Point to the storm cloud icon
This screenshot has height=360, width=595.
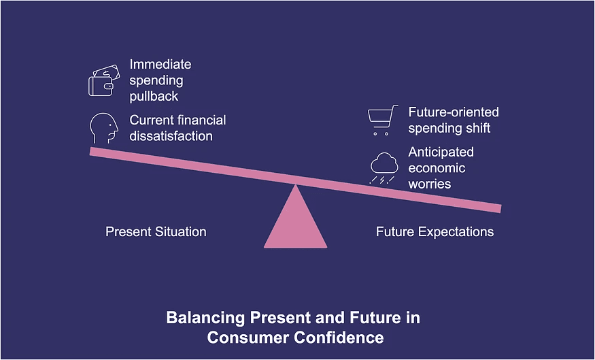click(x=384, y=168)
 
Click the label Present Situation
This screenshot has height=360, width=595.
click(x=156, y=232)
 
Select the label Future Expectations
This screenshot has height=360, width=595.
click(x=435, y=232)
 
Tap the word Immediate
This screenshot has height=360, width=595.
click(x=160, y=65)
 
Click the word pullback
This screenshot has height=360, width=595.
click(x=154, y=96)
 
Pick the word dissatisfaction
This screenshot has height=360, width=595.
click(x=171, y=136)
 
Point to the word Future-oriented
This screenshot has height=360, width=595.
click(x=454, y=112)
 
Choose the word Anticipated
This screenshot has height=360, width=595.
click(x=441, y=152)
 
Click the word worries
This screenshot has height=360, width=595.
click(x=429, y=184)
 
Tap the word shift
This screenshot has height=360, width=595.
click(x=479, y=127)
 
